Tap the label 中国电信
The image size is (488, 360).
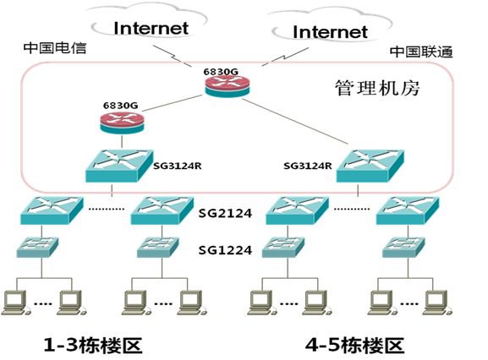tap(55, 48)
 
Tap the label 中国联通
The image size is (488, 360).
tap(421, 52)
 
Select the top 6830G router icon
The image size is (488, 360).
tap(228, 87)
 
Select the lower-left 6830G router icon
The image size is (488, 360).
tap(123, 123)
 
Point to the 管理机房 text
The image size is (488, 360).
tap(377, 88)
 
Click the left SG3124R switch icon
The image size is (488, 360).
tap(119, 166)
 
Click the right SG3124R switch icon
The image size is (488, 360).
tap(370, 166)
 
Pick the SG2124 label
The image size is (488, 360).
tap(225, 213)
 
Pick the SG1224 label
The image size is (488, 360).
tap(225, 250)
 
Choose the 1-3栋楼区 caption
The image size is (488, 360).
tap(93, 345)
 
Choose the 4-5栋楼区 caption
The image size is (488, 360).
tap(354, 345)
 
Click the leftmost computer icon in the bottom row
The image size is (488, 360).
tap(15, 303)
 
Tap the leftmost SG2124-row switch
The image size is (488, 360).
tap(52, 210)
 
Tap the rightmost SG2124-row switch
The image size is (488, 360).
tap(408, 210)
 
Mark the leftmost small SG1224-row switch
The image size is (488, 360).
tap(37, 247)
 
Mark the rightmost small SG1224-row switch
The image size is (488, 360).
tap(403, 247)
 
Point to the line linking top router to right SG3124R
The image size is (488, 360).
tap(295, 122)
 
